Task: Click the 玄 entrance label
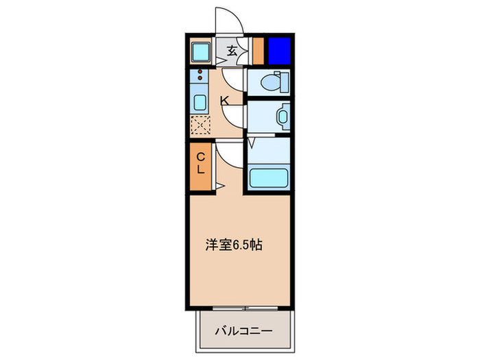click(232, 50)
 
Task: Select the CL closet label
click(201, 165)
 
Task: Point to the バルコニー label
click(243, 331)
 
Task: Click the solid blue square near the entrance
click(278, 50)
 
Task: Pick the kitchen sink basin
click(201, 104)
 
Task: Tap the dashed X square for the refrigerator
click(201, 126)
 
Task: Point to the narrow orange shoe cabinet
click(258, 50)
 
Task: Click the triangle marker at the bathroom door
click(252, 143)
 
